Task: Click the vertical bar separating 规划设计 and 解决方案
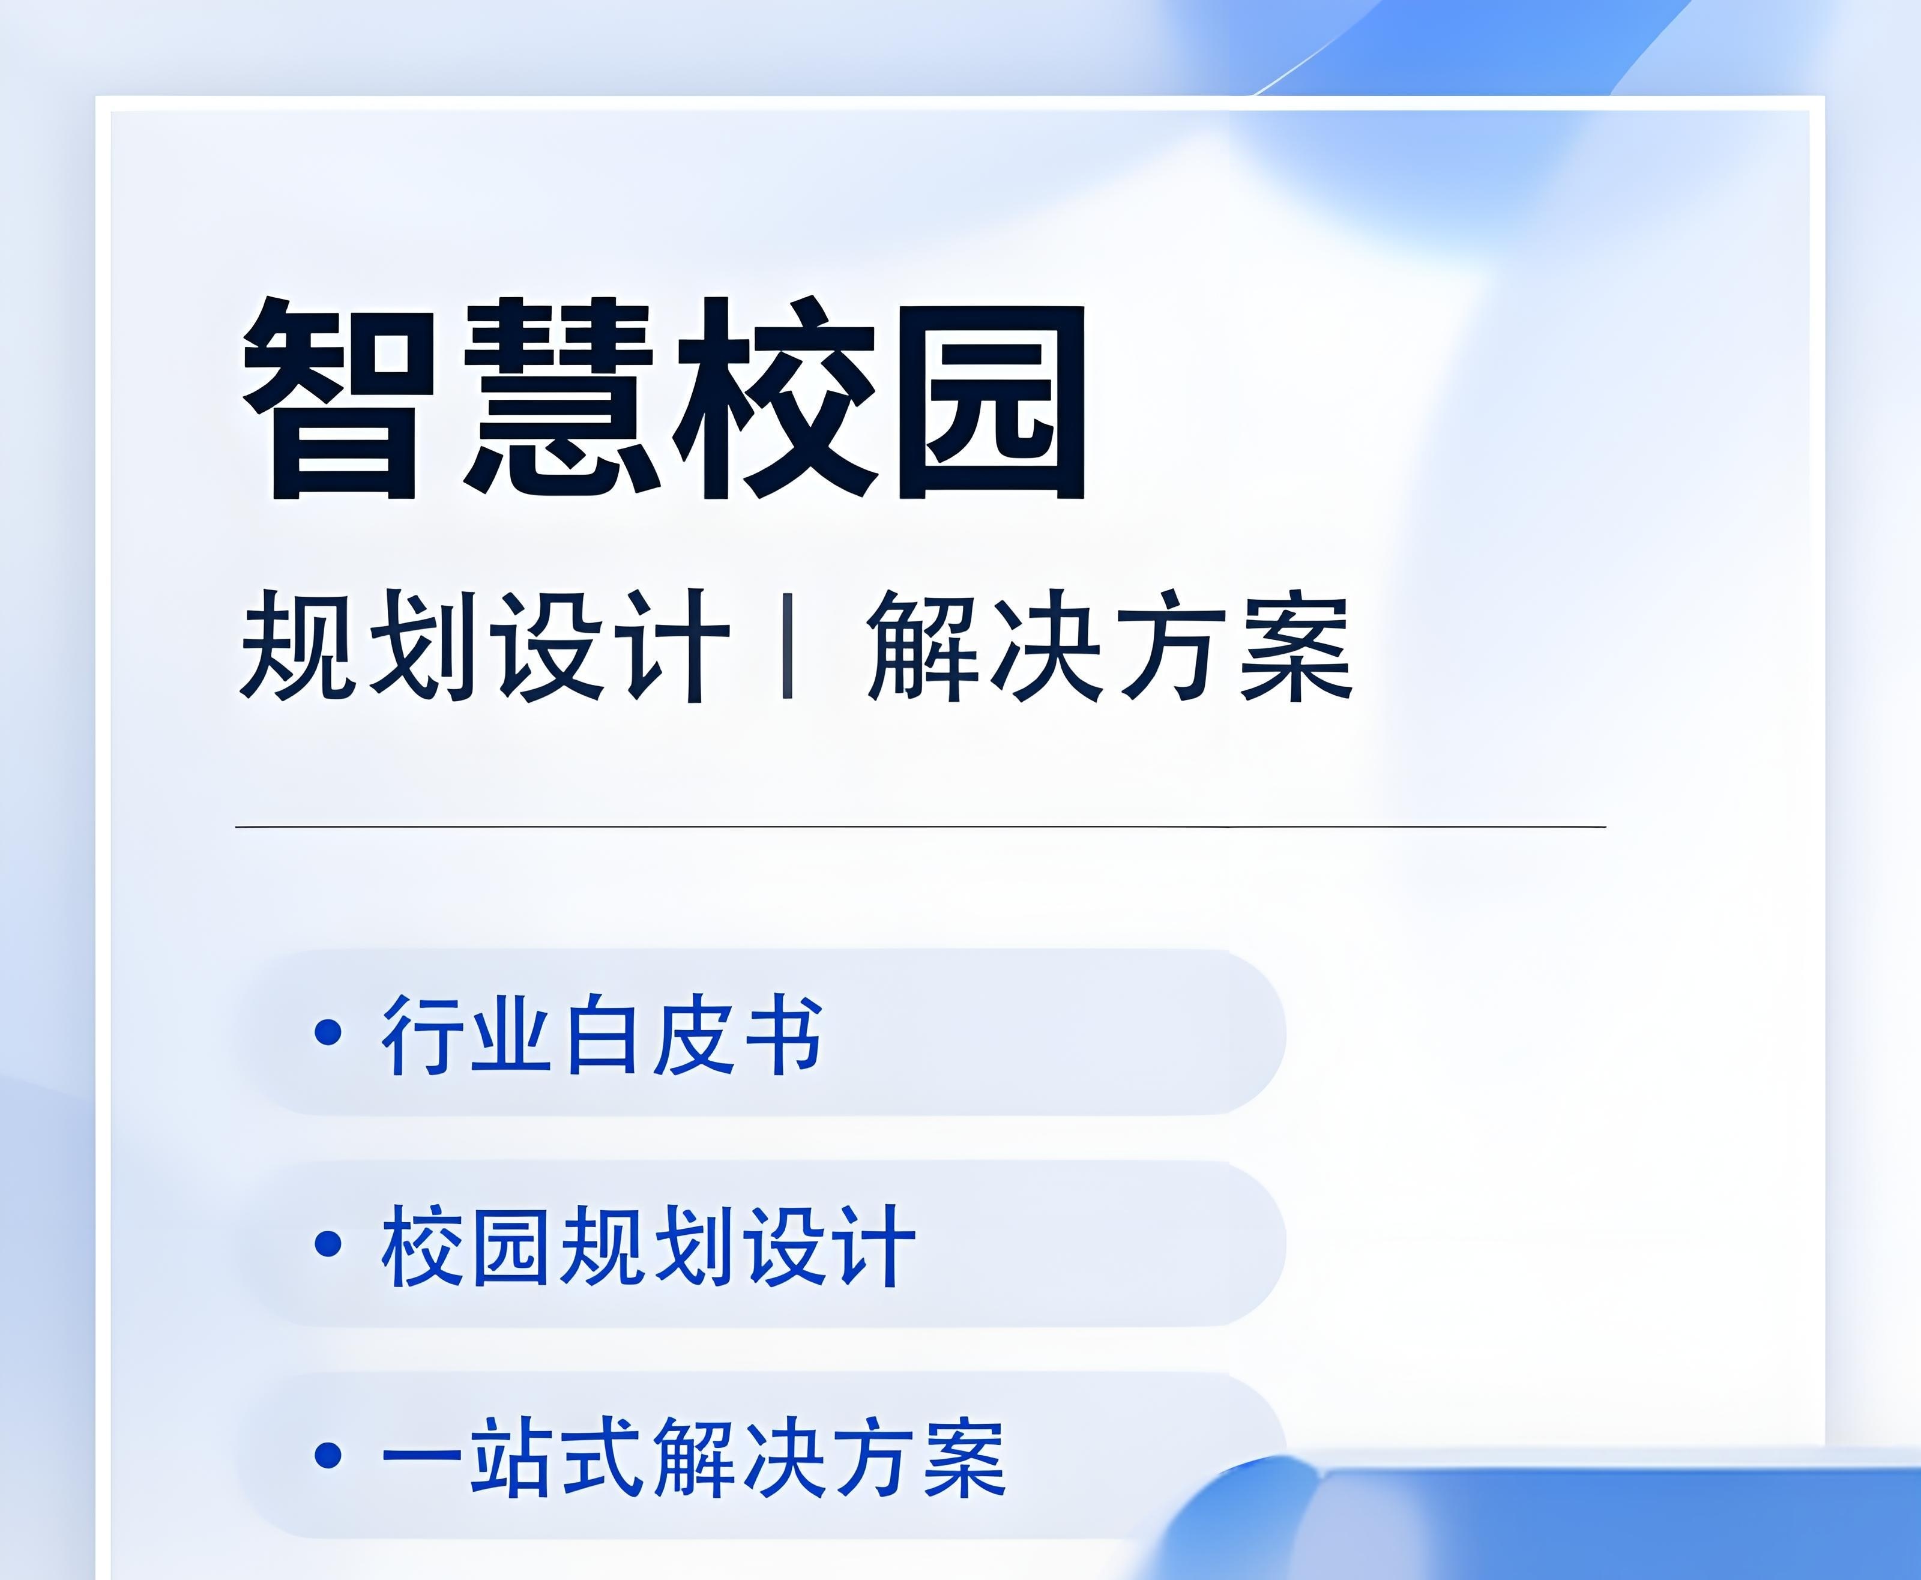(x=787, y=646)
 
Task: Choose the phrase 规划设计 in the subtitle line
(x=485, y=646)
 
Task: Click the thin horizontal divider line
(x=919, y=827)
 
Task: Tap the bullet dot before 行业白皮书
(x=328, y=1032)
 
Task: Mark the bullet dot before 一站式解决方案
(x=328, y=1455)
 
